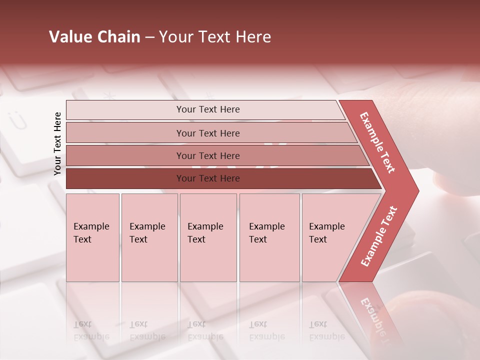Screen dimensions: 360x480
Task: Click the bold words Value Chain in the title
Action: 94,37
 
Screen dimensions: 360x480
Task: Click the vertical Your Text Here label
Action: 57,143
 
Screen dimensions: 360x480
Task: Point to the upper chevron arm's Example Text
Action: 377,142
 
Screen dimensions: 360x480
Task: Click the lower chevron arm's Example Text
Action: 378,236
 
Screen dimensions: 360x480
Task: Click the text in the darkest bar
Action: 208,178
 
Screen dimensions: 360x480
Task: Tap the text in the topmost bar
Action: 208,109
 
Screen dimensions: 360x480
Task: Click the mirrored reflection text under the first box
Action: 91,330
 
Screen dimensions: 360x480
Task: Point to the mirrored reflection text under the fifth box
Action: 326,330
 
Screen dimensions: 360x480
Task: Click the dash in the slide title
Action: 149,37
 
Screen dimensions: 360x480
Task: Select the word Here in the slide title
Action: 253,37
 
